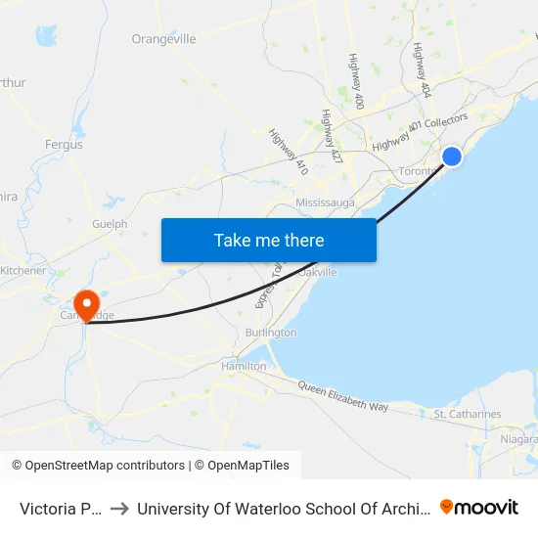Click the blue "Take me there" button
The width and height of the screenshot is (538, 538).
point(268,240)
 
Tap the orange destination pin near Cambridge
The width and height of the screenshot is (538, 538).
point(86,303)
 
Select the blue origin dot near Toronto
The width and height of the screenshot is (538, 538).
point(452,157)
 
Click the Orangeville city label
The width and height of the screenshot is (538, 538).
point(163,39)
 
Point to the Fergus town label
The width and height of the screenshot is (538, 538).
point(64,145)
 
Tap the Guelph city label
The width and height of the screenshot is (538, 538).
point(110,224)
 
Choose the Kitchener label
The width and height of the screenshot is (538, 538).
point(22,270)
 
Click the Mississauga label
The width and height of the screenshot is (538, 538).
point(325,202)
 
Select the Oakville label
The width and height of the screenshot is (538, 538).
point(318,272)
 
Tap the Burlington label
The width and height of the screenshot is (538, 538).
point(270,333)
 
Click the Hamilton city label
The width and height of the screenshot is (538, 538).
point(243,366)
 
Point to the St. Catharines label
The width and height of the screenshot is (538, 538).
point(468,414)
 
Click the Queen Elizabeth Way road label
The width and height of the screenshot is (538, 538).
point(343,396)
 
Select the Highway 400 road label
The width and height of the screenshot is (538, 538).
point(356,80)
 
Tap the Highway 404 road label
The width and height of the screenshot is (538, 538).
point(423,69)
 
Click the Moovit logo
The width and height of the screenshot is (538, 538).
point(479,508)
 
